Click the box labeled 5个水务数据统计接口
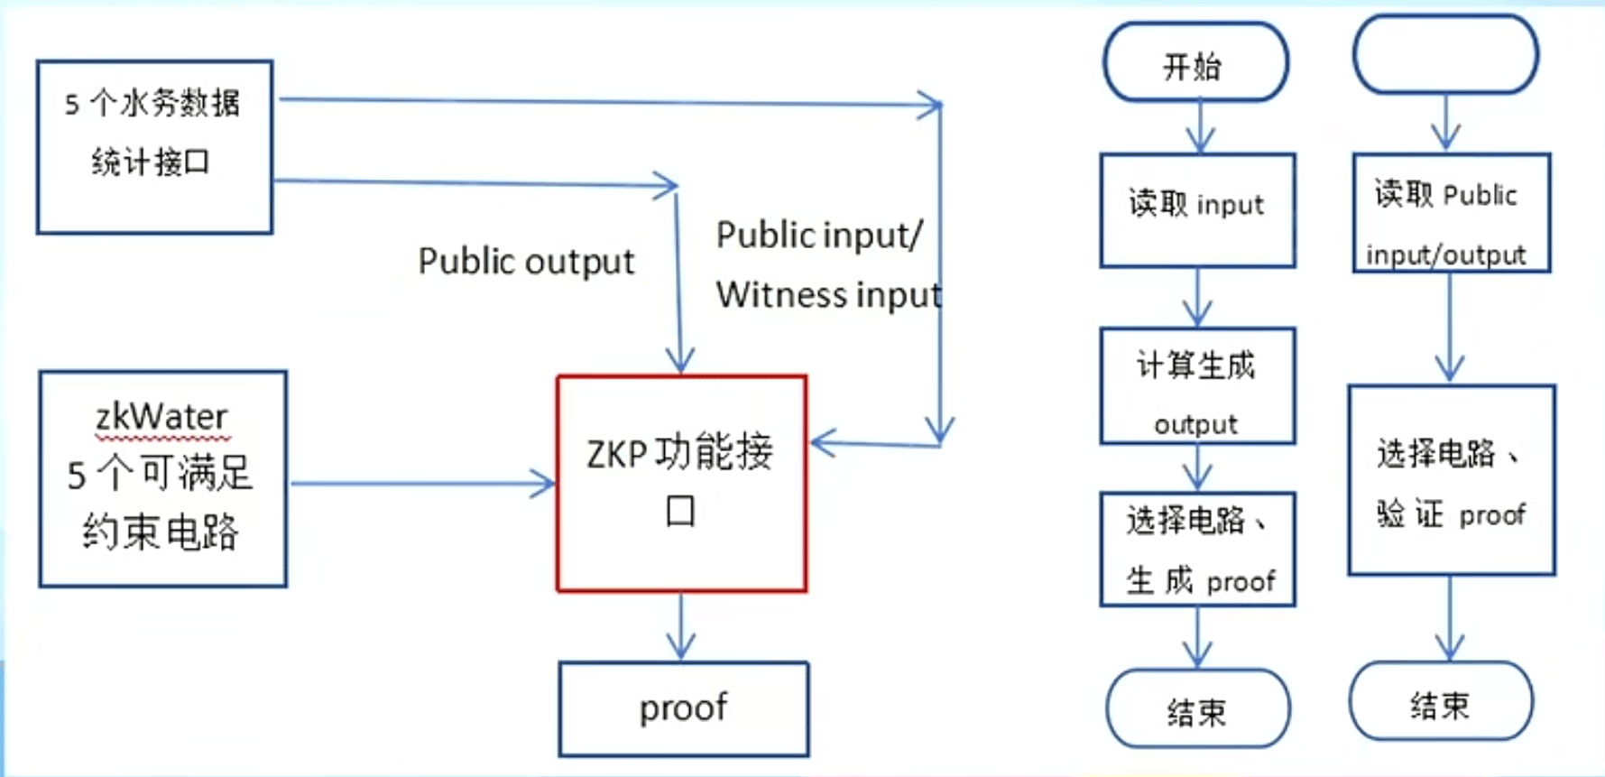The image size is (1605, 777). point(154,147)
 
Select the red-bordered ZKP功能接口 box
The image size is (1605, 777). point(681,484)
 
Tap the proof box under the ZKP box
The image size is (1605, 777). point(683,709)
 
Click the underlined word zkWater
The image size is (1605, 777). point(161,417)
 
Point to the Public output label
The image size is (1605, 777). point(526,262)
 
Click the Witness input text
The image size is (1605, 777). point(828,295)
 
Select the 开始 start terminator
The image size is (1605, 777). point(1195,63)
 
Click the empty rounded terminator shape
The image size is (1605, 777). point(1445,55)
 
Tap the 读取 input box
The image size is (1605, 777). point(1197,209)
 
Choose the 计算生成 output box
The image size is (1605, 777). point(1197,386)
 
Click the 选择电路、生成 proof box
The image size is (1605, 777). point(1197,549)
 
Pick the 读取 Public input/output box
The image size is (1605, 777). point(1451,213)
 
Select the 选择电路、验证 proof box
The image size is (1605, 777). point(1451,480)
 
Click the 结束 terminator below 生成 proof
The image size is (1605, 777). point(1197,709)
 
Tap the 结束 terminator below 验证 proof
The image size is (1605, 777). point(1441,702)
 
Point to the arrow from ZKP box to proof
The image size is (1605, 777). point(681,626)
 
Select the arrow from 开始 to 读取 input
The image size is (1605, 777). point(1200,126)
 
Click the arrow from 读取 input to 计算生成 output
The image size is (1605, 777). point(1197,297)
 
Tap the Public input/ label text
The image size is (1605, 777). point(819,236)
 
